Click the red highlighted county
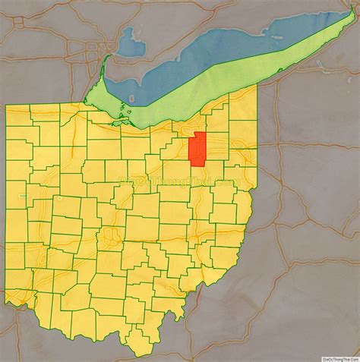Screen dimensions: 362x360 198,149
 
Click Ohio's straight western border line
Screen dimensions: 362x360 6,197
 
